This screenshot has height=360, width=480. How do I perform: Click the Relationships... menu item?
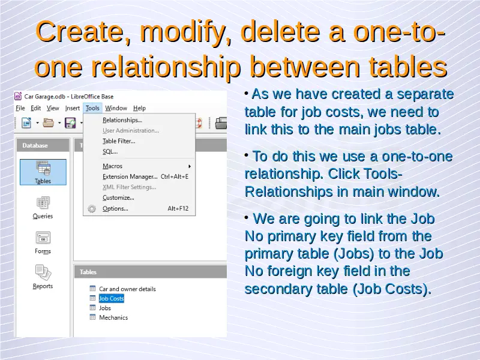(x=122, y=120)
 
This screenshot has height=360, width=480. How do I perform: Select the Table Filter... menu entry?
(x=119, y=141)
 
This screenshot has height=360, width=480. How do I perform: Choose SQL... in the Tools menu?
(x=110, y=152)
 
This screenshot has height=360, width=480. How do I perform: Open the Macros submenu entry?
(x=112, y=166)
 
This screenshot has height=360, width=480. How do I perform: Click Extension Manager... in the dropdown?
(x=130, y=176)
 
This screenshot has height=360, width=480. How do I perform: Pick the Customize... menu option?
(x=118, y=198)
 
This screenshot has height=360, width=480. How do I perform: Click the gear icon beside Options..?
(x=92, y=209)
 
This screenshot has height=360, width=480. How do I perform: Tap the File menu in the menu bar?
(x=20, y=108)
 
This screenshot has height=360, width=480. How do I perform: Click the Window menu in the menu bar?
(x=116, y=108)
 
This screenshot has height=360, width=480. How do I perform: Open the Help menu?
(x=139, y=108)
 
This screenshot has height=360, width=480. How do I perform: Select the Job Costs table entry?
(x=111, y=298)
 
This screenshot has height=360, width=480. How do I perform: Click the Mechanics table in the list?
(x=113, y=317)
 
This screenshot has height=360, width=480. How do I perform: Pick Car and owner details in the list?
(x=127, y=289)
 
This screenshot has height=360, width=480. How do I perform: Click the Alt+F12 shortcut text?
(x=178, y=208)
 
